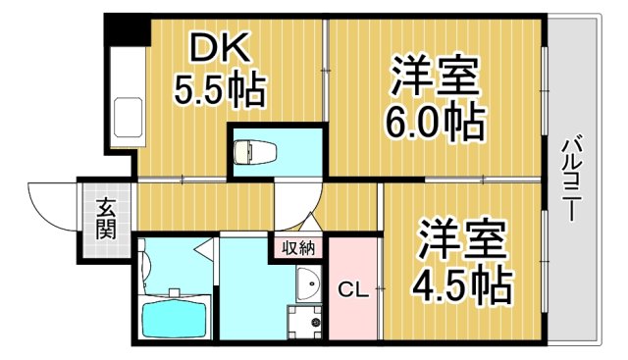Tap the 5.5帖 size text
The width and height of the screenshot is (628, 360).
pyautogui.click(x=219, y=91)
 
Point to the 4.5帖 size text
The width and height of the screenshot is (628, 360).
pyautogui.click(x=463, y=283)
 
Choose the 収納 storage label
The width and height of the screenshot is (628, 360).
pyautogui.click(x=299, y=247)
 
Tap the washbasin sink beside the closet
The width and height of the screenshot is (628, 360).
pyautogui.click(x=306, y=285)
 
